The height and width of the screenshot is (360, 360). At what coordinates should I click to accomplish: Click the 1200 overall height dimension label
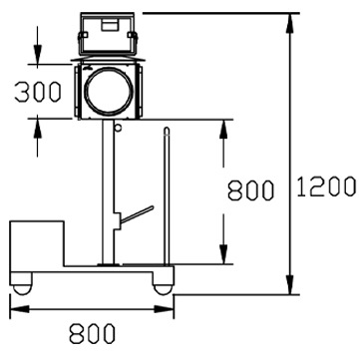tap(326, 186)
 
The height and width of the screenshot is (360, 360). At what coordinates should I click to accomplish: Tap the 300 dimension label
tap(38, 92)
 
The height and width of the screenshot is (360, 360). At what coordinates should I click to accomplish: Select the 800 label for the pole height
tap(251, 190)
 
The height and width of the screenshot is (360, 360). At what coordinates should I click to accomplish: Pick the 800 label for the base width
tap(92, 333)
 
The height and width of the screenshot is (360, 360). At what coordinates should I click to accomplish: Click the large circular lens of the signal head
tap(109, 92)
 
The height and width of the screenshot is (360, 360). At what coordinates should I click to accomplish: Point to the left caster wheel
tap(23, 289)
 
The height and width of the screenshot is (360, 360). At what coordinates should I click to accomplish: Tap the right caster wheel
tap(163, 289)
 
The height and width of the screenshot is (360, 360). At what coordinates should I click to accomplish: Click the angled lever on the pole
tap(137, 214)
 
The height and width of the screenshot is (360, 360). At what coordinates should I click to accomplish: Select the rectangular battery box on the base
tap(37, 243)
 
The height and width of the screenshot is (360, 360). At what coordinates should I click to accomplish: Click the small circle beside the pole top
tap(118, 128)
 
